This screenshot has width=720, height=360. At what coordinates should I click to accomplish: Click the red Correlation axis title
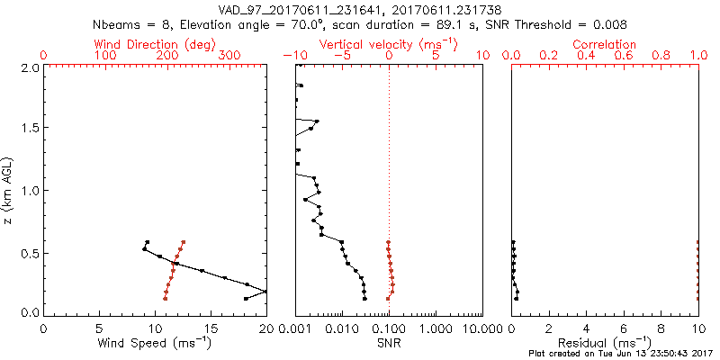click(x=605, y=44)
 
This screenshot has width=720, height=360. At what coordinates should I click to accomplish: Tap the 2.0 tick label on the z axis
click(x=30, y=67)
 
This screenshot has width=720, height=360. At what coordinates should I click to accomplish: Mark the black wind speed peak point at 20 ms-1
click(x=266, y=291)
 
